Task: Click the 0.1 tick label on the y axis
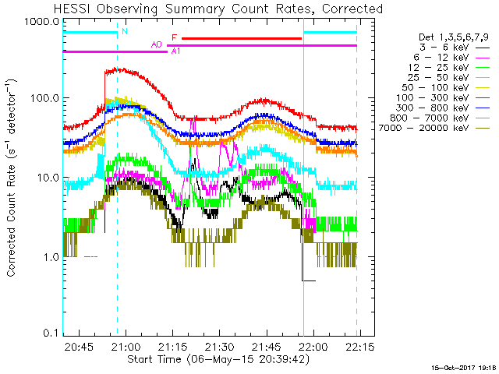51,333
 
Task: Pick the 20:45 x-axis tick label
80,347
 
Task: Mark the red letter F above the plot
174,37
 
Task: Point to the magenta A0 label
156,45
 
